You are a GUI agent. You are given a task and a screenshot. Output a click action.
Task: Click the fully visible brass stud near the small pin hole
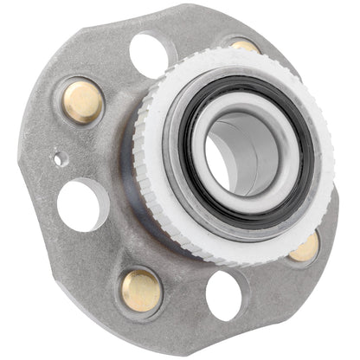pos(83,100)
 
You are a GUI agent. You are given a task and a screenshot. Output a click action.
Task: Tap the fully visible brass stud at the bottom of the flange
pos(141,290)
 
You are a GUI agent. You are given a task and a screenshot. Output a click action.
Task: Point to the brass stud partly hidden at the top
pos(245,46)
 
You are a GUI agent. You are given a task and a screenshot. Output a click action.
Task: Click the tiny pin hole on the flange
pos(59,159)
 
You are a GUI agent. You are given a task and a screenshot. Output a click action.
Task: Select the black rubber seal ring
pos(192,177)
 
